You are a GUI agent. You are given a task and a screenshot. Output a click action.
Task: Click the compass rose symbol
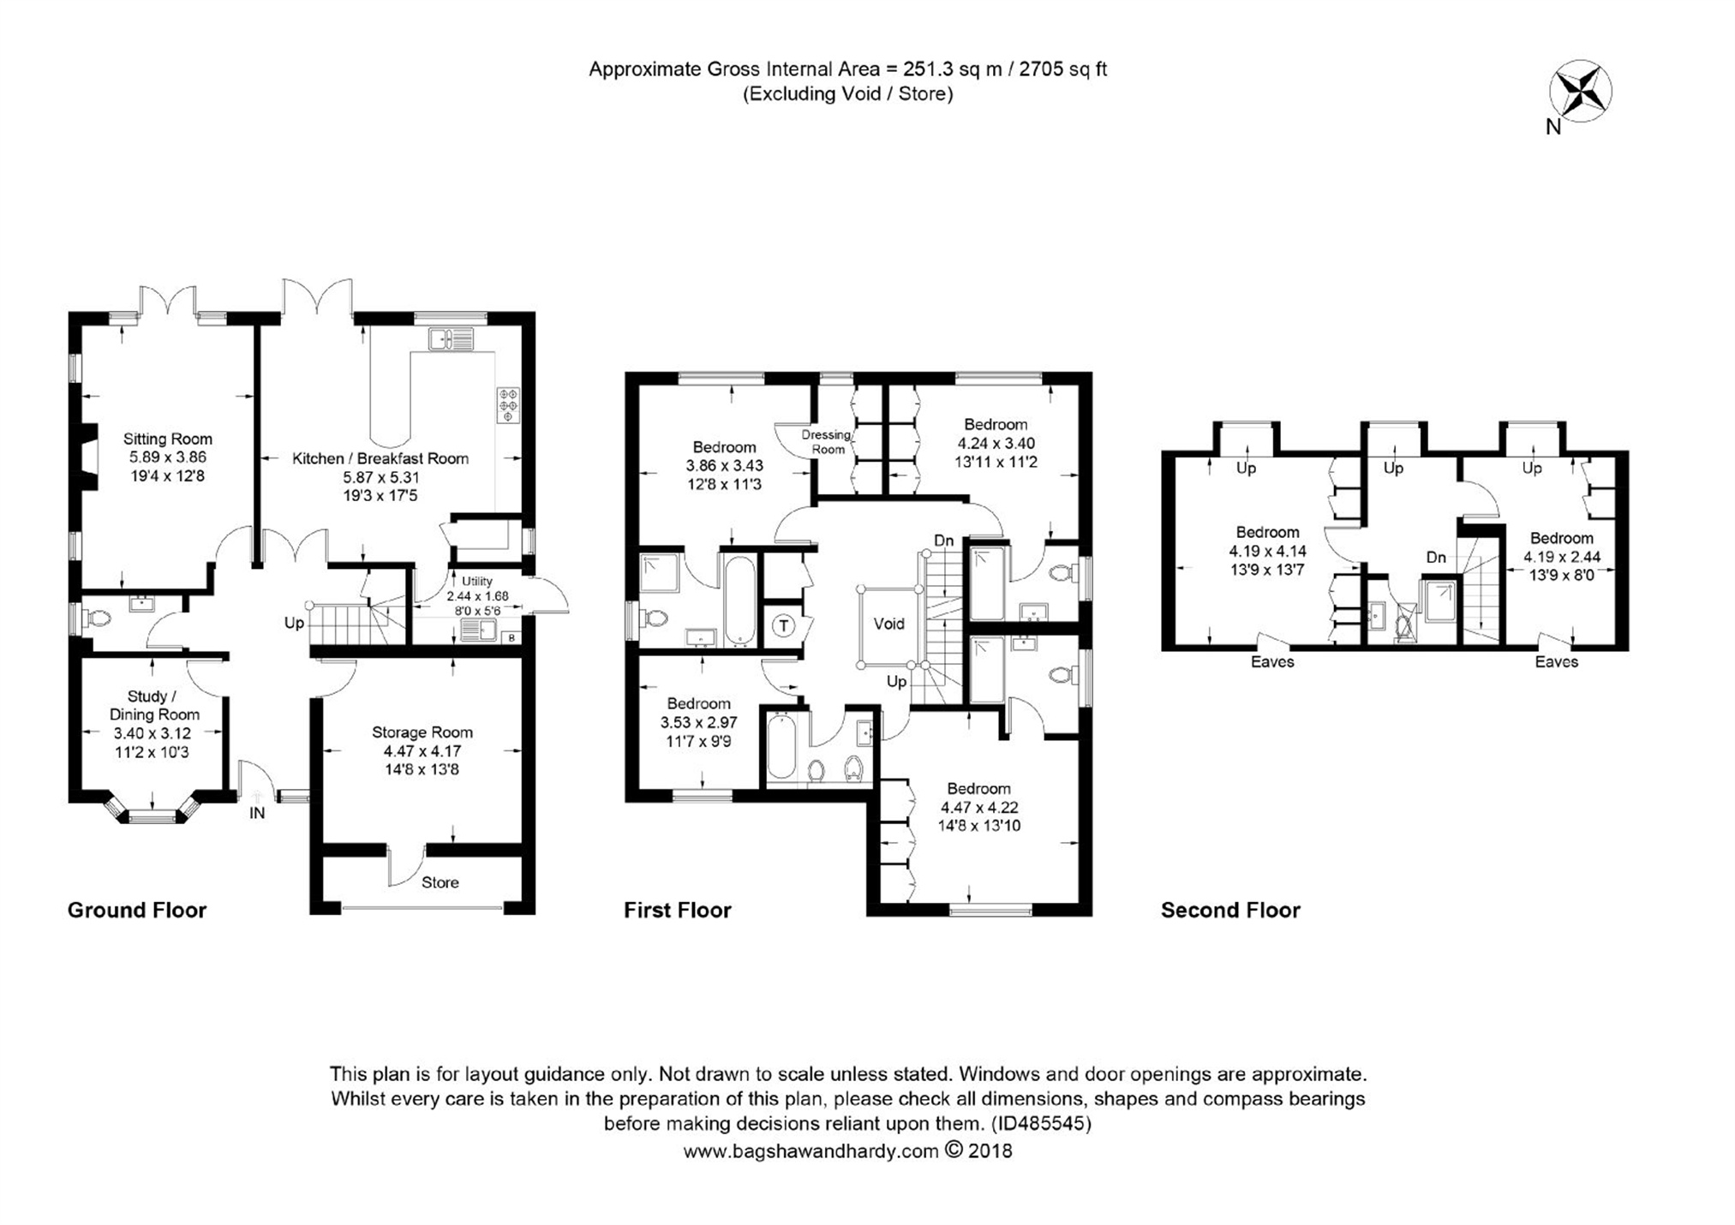(x=1580, y=91)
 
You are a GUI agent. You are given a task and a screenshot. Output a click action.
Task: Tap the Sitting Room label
(x=168, y=439)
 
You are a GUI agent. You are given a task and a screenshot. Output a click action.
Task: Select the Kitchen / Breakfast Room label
(x=380, y=458)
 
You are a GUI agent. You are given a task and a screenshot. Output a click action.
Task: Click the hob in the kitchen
(x=509, y=404)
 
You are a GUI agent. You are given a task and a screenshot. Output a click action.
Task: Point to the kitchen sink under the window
(x=451, y=339)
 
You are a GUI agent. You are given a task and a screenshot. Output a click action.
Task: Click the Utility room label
(x=477, y=582)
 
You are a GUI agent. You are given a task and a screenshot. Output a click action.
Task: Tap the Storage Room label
(x=422, y=732)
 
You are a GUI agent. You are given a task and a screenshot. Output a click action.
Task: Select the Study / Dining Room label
(x=154, y=705)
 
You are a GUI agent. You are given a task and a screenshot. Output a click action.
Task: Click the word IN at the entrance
(x=257, y=813)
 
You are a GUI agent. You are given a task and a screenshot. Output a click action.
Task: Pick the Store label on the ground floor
(x=440, y=882)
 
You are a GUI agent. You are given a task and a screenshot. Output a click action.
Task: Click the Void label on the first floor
(x=888, y=624)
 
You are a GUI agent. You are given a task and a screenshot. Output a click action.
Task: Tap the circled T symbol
(x=783, y=626)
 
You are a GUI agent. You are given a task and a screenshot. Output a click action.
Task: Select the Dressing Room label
(x=828, y=442)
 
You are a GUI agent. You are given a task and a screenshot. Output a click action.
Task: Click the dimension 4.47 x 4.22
(x=979, y=807)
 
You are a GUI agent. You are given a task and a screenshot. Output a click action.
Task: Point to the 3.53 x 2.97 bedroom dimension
(x=698, y=722)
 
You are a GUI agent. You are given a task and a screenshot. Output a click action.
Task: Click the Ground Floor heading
(x=137, y=910)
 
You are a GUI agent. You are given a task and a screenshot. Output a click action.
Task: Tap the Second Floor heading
(x=1230, y=910)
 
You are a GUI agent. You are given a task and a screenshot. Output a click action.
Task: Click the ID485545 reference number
(x=1041, y=1123)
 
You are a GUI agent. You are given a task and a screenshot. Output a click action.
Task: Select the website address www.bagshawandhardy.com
(x=811, y=1151)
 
